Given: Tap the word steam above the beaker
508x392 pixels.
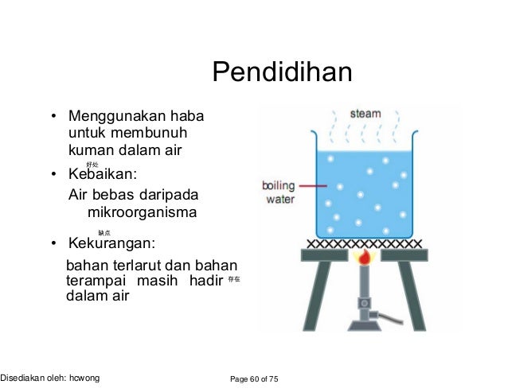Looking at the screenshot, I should [365, 114].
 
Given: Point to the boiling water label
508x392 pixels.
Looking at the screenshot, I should [279, 192].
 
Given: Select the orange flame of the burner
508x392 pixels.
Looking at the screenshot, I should [365, 258].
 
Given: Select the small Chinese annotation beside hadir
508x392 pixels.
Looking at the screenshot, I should [233, 281].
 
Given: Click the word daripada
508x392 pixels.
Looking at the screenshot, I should [166, 195].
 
